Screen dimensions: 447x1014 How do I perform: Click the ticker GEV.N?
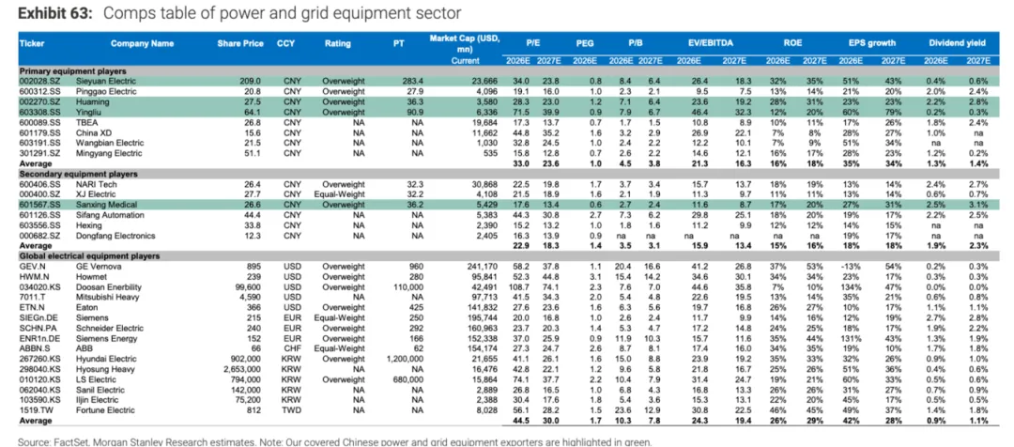click(34, 267)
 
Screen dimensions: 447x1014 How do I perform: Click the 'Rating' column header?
click(338, 44)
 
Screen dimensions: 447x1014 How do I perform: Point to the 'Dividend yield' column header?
click(960, 44)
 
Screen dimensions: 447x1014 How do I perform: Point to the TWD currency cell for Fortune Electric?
click(292, 410)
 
